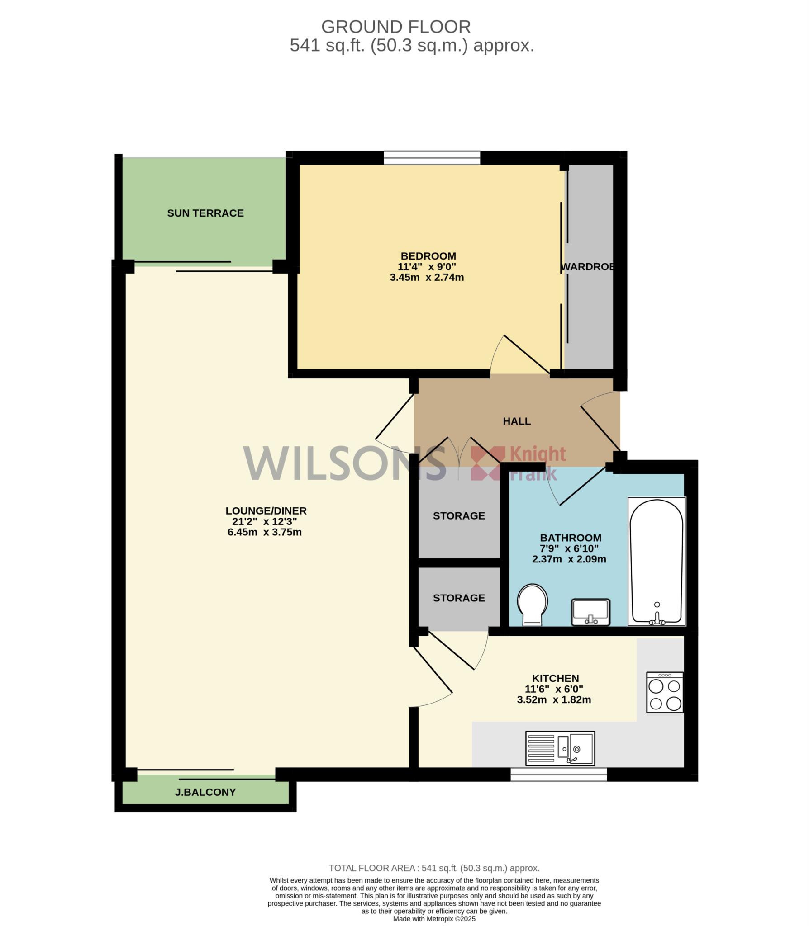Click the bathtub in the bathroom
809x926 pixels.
[x=657, y=561]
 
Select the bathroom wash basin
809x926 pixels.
[x=591, y=612]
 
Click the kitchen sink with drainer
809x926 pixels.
[x=560, y=748]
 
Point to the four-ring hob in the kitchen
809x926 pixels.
[x=665, y=692]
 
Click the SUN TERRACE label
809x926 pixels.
[x=205, y=213]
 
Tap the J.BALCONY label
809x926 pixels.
[x=205, y=792]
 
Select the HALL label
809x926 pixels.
[x=517, y=421]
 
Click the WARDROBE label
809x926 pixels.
[x=588, y=267]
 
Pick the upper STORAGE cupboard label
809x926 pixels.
[x=459, y=516]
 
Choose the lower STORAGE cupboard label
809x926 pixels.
[x=459, y=598]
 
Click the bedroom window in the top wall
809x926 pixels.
[x=432, y=157]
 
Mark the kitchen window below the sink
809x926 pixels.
[x=559, y=775]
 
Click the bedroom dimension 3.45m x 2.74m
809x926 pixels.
[x=427, y=278]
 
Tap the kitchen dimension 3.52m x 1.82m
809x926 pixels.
[x=554, y=700]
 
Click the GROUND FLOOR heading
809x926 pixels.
[x=396, y=27]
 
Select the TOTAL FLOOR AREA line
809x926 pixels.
[x=434, y=868]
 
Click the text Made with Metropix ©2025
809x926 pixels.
[x=434, y=919]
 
